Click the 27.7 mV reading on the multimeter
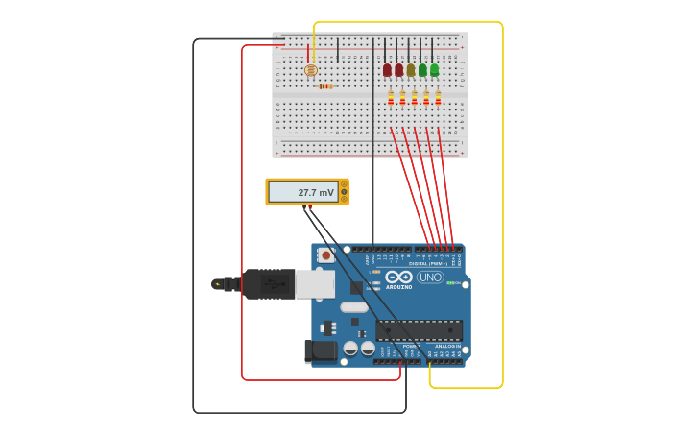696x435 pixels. coord(315,192)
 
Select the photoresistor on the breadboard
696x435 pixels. coord(310,70)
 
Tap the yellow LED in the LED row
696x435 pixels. coord(411,70)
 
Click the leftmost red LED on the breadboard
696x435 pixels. coord(387,70)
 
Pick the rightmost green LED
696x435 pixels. coord(434,70)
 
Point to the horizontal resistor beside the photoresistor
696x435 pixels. coord(325,86)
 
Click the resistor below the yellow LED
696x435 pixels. coord(415,97)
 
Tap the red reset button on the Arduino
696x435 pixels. coord(325,255)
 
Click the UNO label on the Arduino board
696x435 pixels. coord(430,278)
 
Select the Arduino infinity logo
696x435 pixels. coord(399,277)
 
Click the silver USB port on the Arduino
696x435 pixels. coord(314,284)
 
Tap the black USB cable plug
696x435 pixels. coord(268,284)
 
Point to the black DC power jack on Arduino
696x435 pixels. coord(321,352)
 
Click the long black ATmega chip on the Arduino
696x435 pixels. coord(420,330)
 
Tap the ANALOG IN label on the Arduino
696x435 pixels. coord(447,346)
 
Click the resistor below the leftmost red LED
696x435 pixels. coord(391,97)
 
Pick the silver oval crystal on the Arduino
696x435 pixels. coord(353,307)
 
